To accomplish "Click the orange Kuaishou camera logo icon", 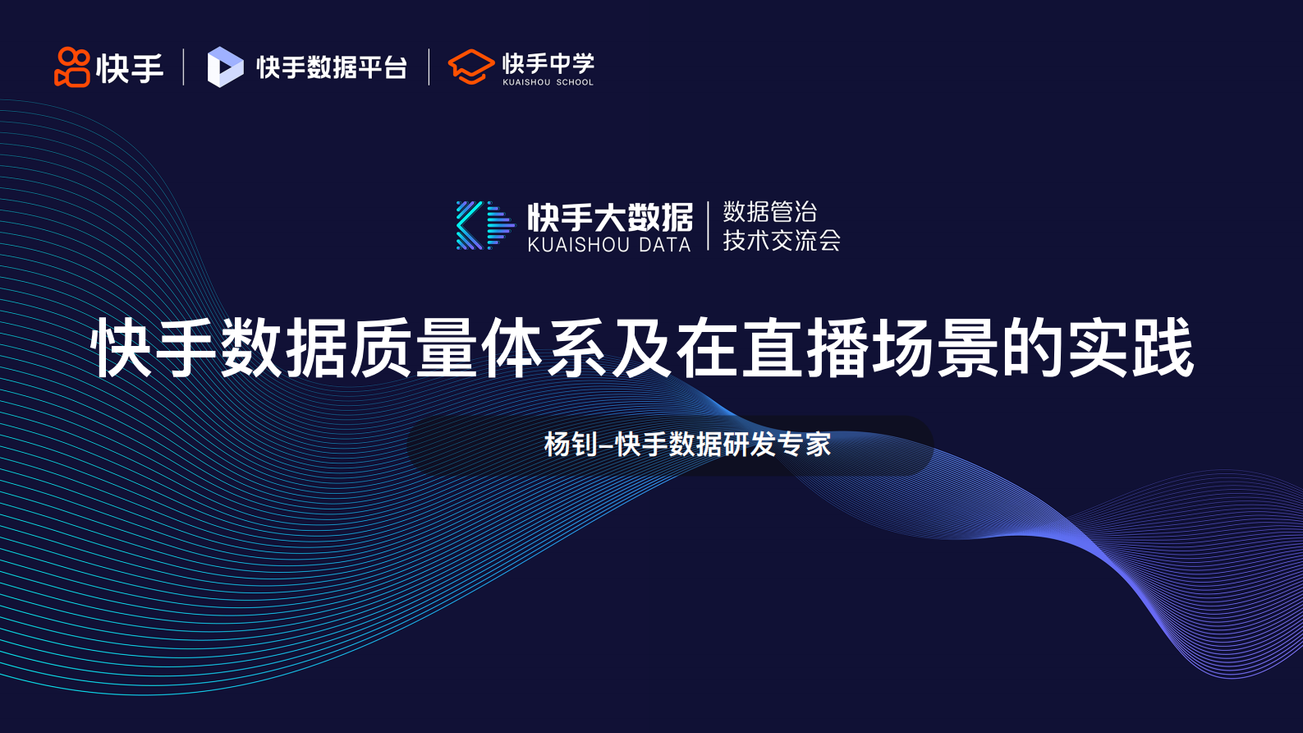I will pyautogui.click(x=71, y=67).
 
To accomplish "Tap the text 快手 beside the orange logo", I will pyautogui.click(x=130, y=68).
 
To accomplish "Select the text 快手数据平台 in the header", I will pyautogui.click(x=332, y=67).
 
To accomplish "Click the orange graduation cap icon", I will pyautogui.click(x=470, y=67).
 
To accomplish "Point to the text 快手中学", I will pyautogui.click(x=548, y=62).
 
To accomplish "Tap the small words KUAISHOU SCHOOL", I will pyautogui.click(x=548, y=82).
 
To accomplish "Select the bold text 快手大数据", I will pyautogui.click(x=610, y=217).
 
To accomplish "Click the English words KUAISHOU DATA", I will pyautogui.click(x=609, y=245).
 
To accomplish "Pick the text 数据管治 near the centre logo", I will pyautogui.click(x=769, y=211).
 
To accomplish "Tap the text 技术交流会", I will pyautogui.click(x=781, y=240).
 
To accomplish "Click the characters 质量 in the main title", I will pyautogui.click(x=415, y=348).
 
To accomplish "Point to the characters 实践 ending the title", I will pyautogui.click(x=1130, y=348).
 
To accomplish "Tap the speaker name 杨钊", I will pyautogui.click(x=571, y=445).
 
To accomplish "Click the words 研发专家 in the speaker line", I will pyautogui.click(x=777, y=445).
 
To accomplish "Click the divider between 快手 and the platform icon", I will pyautogui.click(x=183, y=67).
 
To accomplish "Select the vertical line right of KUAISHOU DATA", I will pyautogui.click(x=708, y=225).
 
